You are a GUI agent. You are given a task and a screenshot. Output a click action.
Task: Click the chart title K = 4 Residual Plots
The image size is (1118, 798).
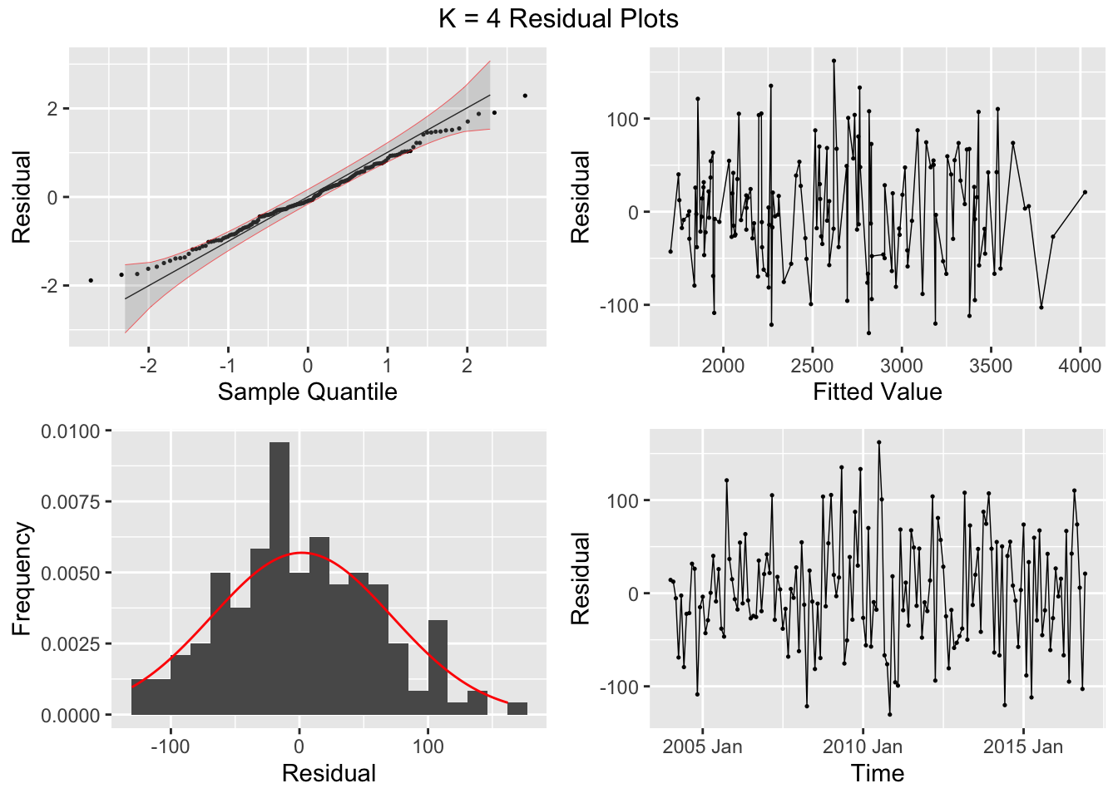[558, 19]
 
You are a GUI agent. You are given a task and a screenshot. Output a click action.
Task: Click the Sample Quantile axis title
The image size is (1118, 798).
[307, 392]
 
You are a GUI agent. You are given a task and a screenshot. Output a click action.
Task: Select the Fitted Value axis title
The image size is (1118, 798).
[877, 392]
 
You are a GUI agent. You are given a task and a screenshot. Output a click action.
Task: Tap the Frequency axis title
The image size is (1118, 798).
[22, 579]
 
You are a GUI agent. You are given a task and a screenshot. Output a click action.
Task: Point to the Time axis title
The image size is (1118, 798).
[877, 773]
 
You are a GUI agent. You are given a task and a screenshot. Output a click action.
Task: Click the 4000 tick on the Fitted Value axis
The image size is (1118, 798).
[1080, 366]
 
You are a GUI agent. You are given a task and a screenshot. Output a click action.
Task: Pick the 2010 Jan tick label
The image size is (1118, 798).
[862, 746]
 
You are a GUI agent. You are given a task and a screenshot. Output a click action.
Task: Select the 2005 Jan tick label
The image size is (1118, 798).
[702, 746]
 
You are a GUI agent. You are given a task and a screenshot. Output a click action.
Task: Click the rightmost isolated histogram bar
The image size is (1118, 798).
[517, 708]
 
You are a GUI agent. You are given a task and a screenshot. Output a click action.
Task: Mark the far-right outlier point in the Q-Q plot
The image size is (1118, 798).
[525, 96]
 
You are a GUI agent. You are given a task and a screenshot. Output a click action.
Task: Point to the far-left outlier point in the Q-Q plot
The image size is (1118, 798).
[91, 280]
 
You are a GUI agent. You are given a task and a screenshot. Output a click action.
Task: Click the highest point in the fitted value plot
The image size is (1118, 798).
[834, 61]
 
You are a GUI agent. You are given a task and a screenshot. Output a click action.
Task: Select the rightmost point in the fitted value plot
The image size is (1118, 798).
[1085, 192]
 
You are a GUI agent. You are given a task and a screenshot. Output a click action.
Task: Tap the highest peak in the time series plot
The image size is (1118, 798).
[878, 442]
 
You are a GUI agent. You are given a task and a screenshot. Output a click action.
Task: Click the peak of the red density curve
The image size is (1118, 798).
[301, 553]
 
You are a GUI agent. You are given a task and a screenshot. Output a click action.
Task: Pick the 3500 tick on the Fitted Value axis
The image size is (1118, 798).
[990, 366]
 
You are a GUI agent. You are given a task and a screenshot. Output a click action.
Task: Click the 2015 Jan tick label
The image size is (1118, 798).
[1022, 746]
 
